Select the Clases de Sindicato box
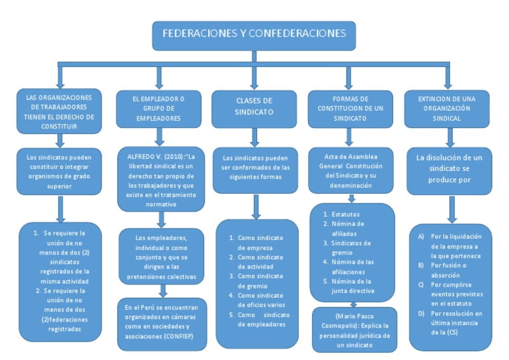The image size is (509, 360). click(x=254, y=107)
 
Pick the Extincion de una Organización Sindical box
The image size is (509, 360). click(x=448, y=107)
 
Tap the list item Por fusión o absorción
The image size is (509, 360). click(x=455, y=270)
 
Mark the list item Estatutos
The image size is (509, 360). click(x=345, y=214)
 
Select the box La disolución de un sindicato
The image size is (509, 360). click(x=449, y=169)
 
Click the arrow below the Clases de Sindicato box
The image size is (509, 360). click(x=254, y=137)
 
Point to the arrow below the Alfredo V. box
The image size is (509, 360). click(x=159, y=219)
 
